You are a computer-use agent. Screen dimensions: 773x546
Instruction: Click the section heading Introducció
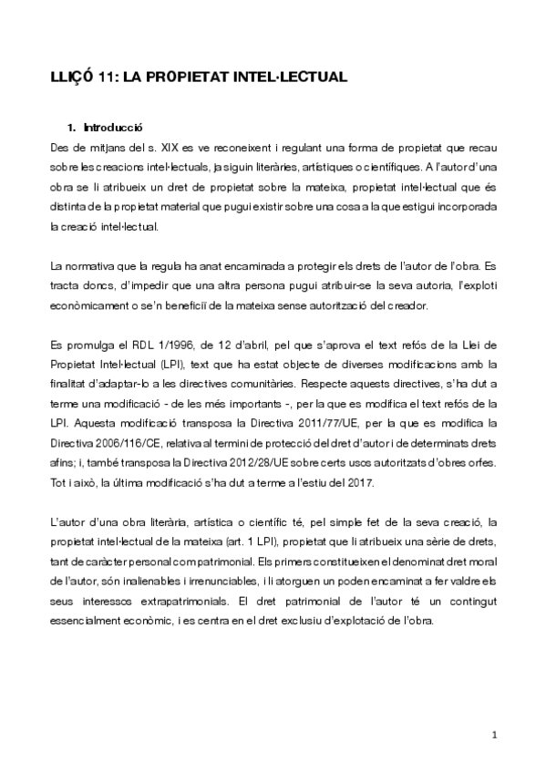pyautogui.click(x=113, y=128)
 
